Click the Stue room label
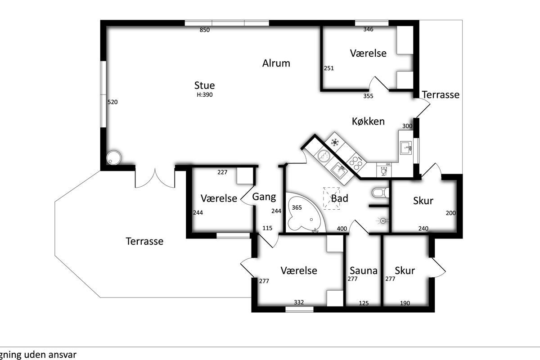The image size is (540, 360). coord(204,85)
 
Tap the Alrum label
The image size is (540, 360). coord(276,63)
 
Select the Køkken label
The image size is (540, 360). coord(368,121)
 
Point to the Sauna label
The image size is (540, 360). coord(364,270)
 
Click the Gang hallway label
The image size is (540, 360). coord(264,197)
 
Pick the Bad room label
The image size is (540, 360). coord(340,198)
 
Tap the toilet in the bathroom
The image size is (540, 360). coord(380,193)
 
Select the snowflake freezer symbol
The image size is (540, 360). coord(334,142)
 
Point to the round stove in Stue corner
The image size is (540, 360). coord(113,157)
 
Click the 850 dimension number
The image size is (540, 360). coord(204,30)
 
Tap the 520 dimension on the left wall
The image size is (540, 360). coord(112,102)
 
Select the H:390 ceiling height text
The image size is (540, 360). coord(205,95)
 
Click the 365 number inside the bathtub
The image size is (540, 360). coord(297,207)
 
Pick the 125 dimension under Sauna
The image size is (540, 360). coord(364,303)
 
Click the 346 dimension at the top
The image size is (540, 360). coord(369,29)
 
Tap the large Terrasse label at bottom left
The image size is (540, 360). coord(144,241)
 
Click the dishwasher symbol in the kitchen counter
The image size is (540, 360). coord(384,170)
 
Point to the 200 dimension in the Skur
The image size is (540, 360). coord(451,213)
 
